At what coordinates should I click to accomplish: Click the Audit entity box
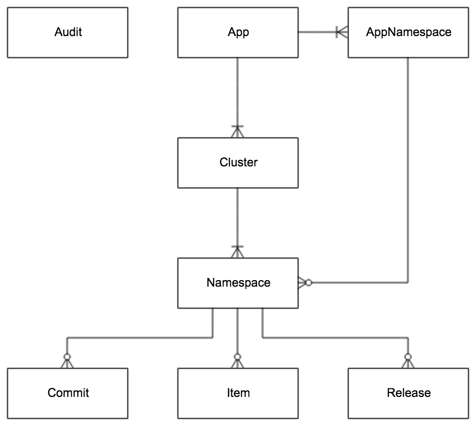(x=68, y=33)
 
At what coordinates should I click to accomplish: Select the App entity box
(x=238, y=33)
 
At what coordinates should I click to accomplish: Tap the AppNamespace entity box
(x=408, y=33)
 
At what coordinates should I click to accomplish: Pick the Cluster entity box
(x=238, y=163)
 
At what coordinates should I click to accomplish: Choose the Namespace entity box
(x=238, y=283)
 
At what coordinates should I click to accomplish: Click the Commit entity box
(x=68, y=393)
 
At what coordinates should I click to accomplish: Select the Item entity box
(x=238, y=393)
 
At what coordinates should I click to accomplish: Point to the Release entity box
(x=408, y=393)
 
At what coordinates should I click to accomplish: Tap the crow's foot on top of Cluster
(x=238, y=131)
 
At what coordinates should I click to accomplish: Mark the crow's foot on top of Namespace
(x=238, y=252)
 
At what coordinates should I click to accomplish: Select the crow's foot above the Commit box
(x=67, y=361)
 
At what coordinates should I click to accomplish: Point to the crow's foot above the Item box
(x=238, y=361)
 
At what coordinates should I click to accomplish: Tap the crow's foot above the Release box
(x=408, y=361)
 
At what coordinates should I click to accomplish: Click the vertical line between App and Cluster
(x=238, y=90)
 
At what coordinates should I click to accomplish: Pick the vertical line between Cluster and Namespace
(x=238, y=216)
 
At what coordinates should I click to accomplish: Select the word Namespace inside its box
(x=238, y=283)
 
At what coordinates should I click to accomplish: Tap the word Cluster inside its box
(x=239, y=162)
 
